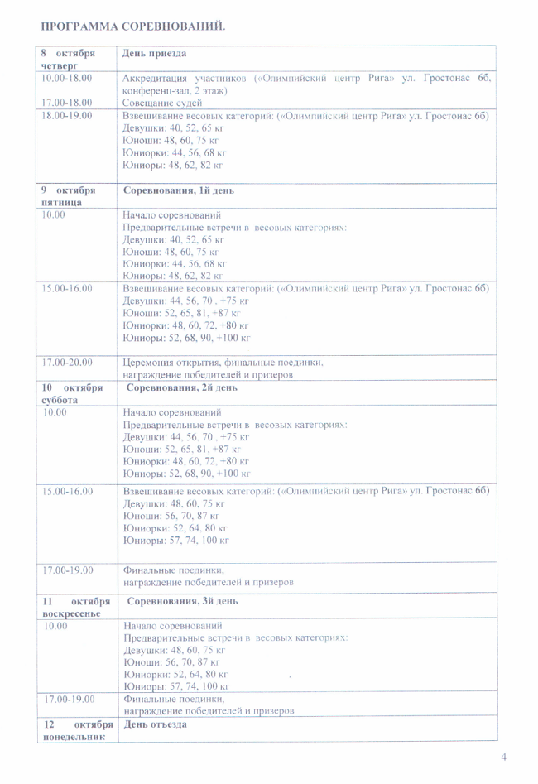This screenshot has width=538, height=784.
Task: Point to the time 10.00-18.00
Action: coord(66,78)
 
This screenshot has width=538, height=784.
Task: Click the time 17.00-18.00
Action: coord(66,103)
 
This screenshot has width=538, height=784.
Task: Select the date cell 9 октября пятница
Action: coord(67,196)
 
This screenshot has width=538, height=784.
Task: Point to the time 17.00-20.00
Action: coord(66,361)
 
